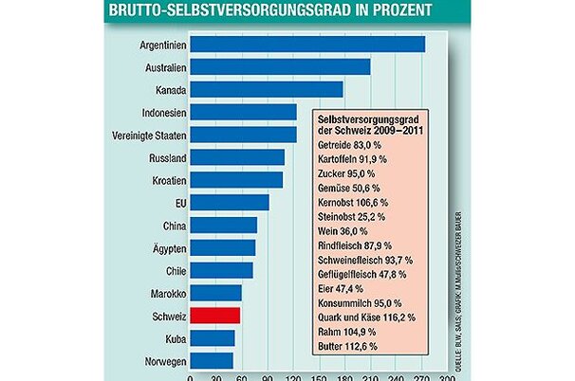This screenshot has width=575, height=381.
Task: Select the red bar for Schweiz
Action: (x=215, y=316)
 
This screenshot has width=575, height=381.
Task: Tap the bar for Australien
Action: (x=280, y=66)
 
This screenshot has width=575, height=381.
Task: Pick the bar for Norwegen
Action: (x=212, y=361)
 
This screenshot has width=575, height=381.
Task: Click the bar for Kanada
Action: (x=267, y=89)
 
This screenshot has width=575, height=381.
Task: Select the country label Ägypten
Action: (x=165, y=247)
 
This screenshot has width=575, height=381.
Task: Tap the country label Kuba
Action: (x=172, y=338)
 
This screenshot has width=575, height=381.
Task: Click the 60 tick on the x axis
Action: (x=242, y=376)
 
